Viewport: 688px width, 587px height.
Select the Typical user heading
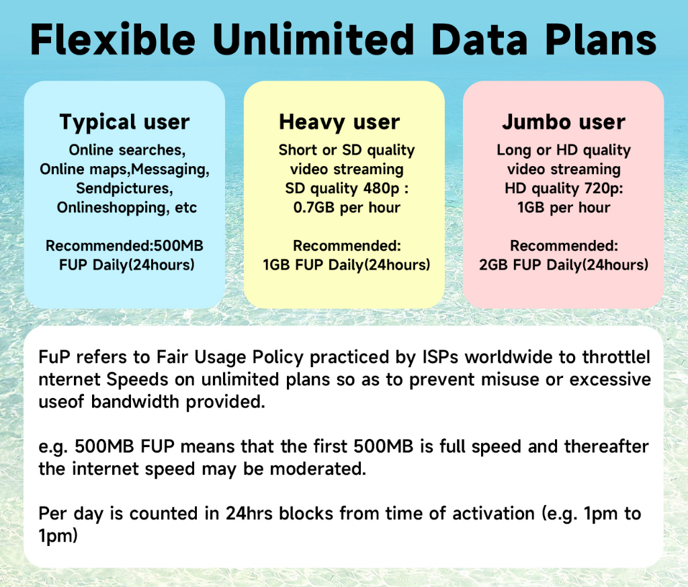point(124,122)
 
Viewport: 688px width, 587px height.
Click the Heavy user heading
point(339,122)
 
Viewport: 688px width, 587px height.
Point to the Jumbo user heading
point(564,122)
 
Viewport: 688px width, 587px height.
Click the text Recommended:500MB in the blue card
point(124,245)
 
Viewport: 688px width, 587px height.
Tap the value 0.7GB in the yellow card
point(314,207)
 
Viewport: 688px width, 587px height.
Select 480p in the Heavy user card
point(381,188)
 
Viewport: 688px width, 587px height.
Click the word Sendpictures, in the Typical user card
point(124,188)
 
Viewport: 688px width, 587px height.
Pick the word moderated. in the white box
point(318,469)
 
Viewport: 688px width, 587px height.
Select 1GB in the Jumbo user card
point(531,207)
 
